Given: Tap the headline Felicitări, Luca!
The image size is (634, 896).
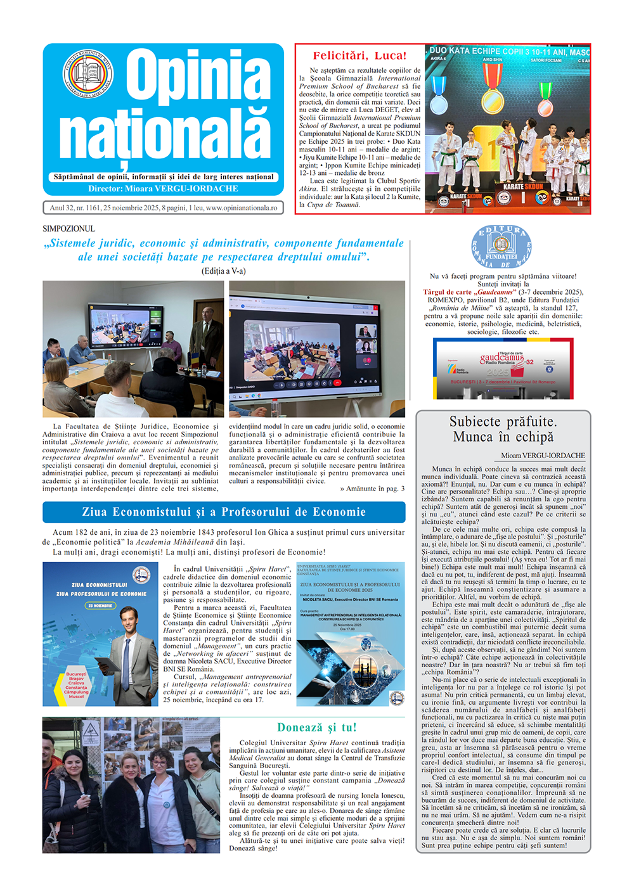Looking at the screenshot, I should point(359,56).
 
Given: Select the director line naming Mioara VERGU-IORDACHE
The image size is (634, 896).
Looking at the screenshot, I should point(163,189).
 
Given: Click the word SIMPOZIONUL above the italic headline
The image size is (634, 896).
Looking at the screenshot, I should point(68,229).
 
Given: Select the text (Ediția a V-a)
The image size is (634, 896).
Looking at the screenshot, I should point(223,271).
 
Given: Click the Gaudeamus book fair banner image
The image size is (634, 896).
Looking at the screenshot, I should point(503,368).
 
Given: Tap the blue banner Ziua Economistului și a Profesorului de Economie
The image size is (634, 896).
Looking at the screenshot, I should point(224,512).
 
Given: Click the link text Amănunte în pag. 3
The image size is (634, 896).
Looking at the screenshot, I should point(372,489).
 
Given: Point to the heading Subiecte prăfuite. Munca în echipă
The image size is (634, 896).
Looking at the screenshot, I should point(503,430).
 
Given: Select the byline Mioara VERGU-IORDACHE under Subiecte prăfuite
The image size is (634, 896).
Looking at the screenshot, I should point(543,456).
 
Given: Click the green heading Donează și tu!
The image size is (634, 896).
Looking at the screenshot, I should point(316,727).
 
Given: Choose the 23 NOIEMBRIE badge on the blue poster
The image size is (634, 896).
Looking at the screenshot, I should point(100,606).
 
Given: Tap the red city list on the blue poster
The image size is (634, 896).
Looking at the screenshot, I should point(76,685).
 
